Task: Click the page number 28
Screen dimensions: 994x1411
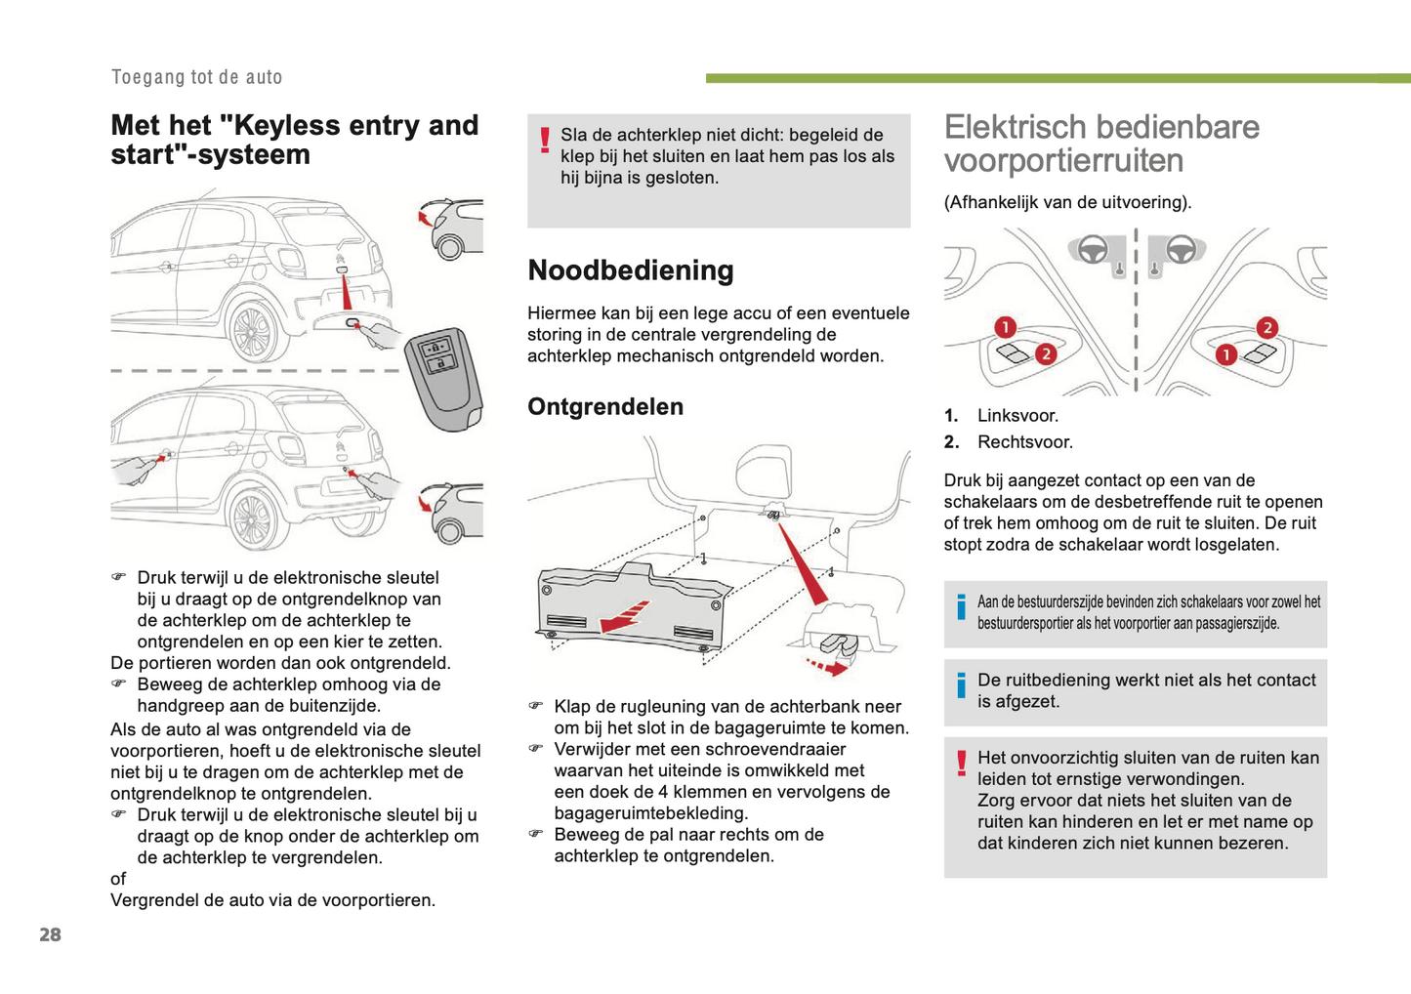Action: [50, 934]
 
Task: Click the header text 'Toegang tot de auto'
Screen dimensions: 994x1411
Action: [196, 77]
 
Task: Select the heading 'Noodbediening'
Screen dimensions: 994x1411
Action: [630, 270]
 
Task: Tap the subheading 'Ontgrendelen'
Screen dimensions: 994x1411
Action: [604, 407]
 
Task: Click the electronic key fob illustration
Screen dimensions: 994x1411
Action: [444, 376]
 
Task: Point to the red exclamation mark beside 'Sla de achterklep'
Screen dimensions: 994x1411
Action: [545, 143]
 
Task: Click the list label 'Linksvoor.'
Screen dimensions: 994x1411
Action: [1017, 416]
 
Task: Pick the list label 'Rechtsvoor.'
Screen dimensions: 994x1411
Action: [1024, 442]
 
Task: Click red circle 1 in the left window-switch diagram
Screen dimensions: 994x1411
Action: [1005, 327]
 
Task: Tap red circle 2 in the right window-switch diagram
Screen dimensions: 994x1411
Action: [1266, 327]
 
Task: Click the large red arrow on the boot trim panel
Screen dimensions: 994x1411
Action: [623, 616]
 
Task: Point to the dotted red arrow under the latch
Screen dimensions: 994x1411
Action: [825, 667]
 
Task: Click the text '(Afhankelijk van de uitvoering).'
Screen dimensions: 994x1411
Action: [1067, 203]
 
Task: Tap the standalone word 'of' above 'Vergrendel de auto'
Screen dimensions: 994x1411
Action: [118, 879]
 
